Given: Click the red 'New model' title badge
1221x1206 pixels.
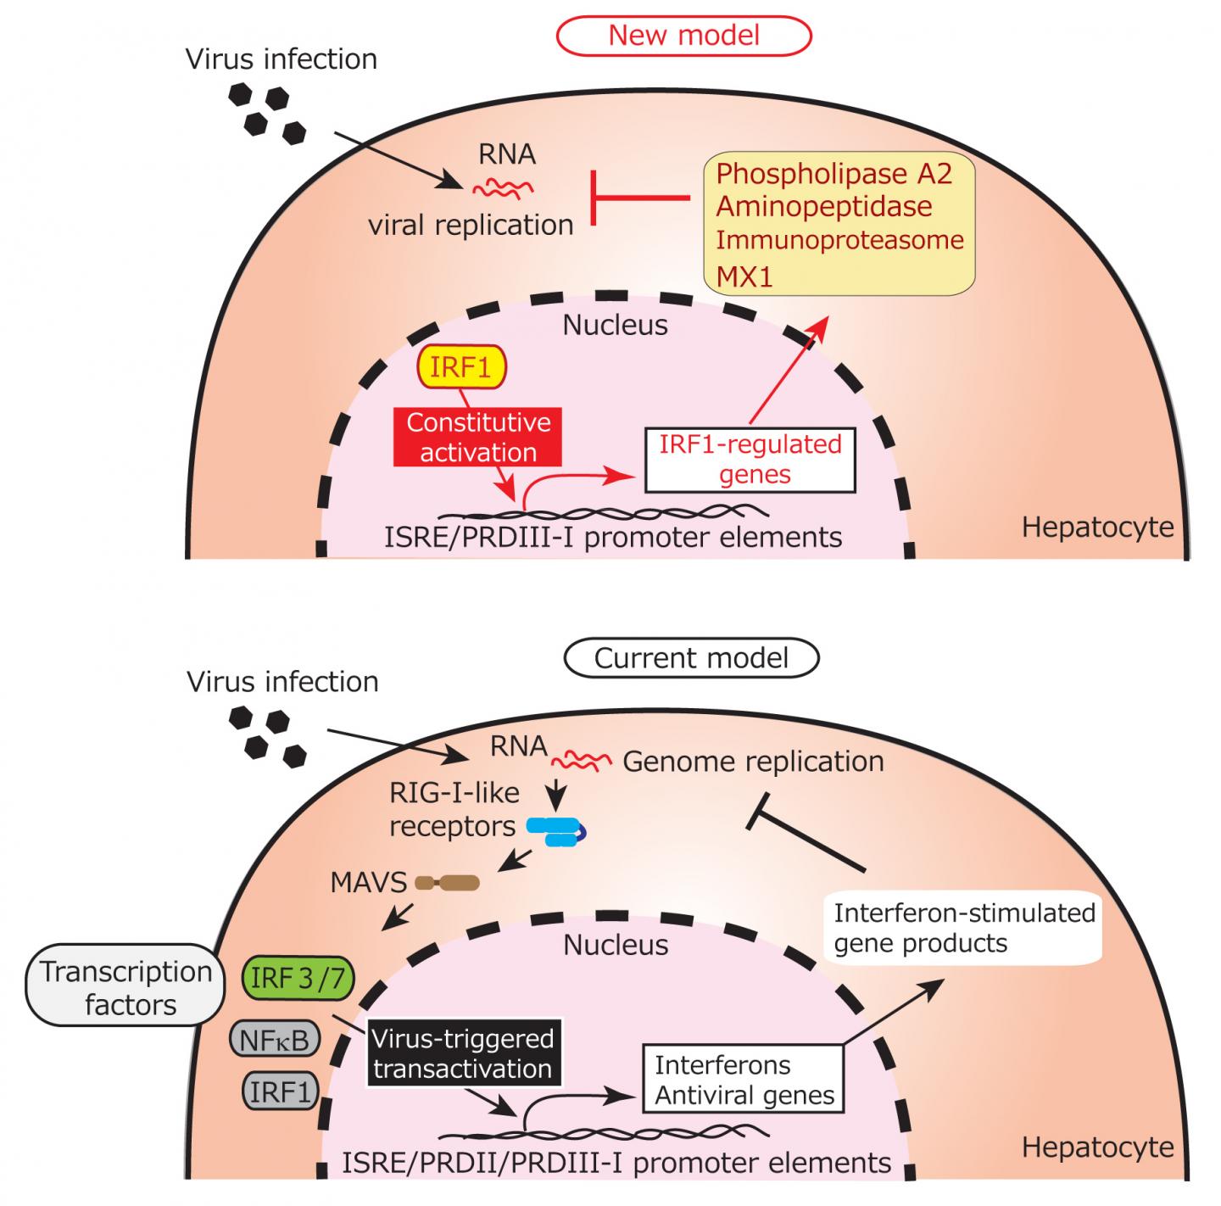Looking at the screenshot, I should (x=683, y=36).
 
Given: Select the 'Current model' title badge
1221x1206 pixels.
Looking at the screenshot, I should (x=691, y=658).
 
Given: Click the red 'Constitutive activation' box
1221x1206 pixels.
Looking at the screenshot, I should (x=478, y=437).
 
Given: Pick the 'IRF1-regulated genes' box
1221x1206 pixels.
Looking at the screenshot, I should (x=750, y=460).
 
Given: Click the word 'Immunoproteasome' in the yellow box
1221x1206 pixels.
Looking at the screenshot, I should (x=839, y=240).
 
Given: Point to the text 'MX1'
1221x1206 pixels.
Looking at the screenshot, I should (x=744, y=276).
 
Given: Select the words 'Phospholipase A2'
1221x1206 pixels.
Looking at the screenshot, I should (x=834, y=174).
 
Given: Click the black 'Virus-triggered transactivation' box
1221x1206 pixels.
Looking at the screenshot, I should (x=463, y=1052).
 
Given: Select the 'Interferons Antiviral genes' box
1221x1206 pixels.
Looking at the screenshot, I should (x=744, y=1080).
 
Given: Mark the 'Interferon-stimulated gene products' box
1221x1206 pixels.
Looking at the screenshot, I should (x=963, y=929).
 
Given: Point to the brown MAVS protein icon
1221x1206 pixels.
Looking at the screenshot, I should (x=448, y=884).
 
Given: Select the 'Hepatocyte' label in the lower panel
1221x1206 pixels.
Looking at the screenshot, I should (x=1097, y=1147).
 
